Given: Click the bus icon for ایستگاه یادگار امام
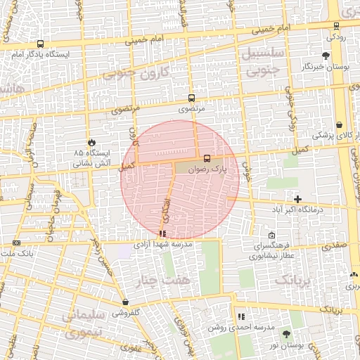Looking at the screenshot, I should coord(39,44).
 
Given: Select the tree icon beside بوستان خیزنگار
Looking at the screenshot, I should coord(325,56).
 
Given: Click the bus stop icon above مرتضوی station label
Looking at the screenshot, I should coord(191,98).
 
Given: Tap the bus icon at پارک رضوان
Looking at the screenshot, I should coord(207,158).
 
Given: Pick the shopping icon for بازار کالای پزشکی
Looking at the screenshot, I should coord(340,124).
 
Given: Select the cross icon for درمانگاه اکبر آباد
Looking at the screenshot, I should coord(298,199).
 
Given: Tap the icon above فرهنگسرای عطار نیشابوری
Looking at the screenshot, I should coord(272,236).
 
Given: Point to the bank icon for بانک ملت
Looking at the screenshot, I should coord(16,243).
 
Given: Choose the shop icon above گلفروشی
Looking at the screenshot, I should coord(125,302).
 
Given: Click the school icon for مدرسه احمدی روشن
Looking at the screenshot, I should coord(242,317).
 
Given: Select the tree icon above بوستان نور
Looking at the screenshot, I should coord(285,334).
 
